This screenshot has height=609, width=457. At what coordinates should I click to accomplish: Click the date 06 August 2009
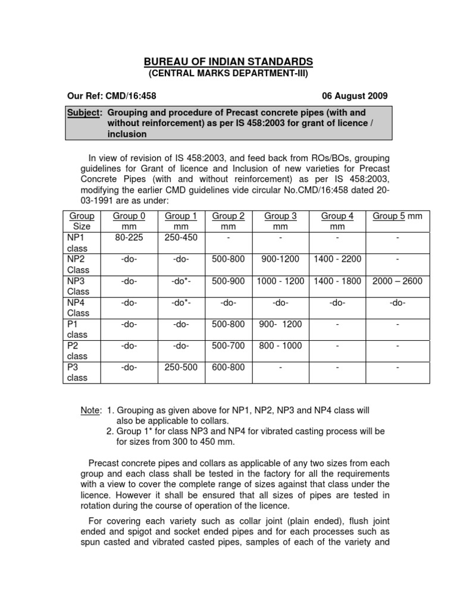355,95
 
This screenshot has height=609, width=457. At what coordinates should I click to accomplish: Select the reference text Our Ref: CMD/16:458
112,95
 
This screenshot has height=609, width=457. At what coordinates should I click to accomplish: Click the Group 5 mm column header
397,216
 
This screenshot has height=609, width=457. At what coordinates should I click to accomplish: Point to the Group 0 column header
129,221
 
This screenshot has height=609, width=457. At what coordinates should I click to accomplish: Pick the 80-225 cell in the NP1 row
129,237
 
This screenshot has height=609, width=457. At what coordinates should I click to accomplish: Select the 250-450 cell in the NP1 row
181,237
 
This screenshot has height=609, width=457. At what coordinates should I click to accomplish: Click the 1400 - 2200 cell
337,259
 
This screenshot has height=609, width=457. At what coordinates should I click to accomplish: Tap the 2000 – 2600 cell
397,281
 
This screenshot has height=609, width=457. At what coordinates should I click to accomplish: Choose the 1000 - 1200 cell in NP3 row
281,281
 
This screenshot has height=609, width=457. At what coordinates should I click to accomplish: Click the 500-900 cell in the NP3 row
228,281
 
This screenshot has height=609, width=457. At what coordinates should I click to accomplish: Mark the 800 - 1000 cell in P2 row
281,346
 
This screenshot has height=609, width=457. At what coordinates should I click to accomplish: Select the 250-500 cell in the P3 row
181,367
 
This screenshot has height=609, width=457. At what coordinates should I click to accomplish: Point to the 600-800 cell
228,367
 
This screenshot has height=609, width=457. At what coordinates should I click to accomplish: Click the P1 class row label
77,329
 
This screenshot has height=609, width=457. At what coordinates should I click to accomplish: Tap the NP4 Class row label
78,307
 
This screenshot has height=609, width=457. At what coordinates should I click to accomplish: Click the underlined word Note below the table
90,410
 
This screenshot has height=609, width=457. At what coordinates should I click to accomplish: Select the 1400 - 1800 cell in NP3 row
337,281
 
